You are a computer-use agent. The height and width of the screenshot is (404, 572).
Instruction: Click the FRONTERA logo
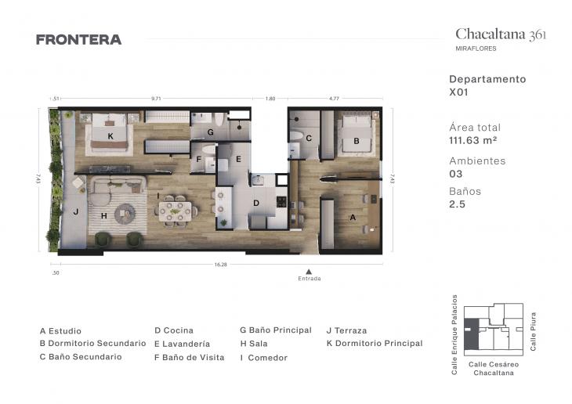(x=78, y=40)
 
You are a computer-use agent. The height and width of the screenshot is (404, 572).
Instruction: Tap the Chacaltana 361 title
(x=501, y=34)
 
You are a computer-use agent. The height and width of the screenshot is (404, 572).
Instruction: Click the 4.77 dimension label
(x=334, y=99)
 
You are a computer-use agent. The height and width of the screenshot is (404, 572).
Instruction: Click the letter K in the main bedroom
(x=110, y=136)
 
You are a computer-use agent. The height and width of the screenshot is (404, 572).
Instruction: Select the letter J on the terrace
(x=76, y=211)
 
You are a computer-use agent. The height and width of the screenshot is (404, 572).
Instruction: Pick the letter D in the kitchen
(x=255, y=203)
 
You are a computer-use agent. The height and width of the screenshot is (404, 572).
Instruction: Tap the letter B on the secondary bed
(x=356, y=142)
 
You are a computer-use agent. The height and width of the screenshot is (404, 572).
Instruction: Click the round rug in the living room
(x=125, y=213)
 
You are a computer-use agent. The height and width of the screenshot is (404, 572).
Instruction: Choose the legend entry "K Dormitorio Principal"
(x=374, y=343)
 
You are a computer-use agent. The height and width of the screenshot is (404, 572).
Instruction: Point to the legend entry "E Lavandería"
(x=182, y=344)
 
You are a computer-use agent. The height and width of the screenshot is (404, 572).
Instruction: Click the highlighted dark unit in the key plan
(x=470, y=334)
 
